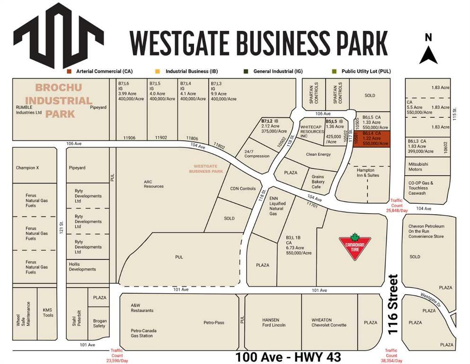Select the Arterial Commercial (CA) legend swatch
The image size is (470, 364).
pyautogui.click(x=69, y=71)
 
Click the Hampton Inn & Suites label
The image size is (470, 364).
pyautogui.click(x=364, y=173)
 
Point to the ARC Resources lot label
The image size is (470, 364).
pyautogui.click(x=154, y=183)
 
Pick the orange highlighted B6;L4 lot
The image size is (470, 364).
pyautogui.click(x=372, y=138)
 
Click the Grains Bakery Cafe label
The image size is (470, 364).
pyautogui.click(x=318, y=182)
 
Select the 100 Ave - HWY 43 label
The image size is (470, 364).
pyautogui.click(x=288, y=356)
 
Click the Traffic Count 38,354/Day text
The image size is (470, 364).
pyautogui.click(x=391, y=355)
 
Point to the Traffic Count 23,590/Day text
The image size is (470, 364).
pyautogui.click(x=117, y=355)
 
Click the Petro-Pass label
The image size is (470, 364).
pyautogui.click(x=214, y=322)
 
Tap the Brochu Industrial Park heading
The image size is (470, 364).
pyautogui.click(x=58, y=100)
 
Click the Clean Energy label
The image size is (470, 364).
pyautogui.click(x=319, y=155)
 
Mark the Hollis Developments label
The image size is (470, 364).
pyautogui.click(x=82, y=266)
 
